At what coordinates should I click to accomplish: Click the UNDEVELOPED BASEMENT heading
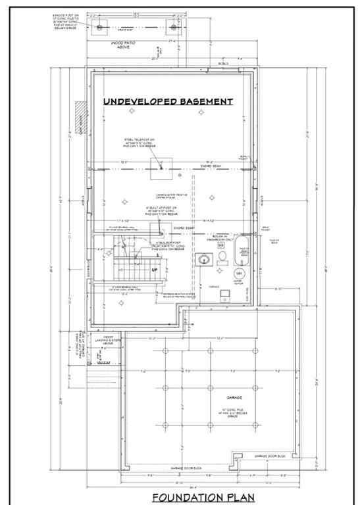pyautogui.click(x=168, y=101)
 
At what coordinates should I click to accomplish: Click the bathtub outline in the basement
pyautogui.click(x=241, y=256)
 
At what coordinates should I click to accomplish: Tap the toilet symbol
pyautogui.click(x=222, y=256)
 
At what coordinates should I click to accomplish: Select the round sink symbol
pyautogui.click(x=205, y=260)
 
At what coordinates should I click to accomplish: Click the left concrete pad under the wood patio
pyautogui.click(x=99, y=27)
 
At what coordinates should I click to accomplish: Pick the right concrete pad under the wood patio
pyautogui.click(x=174, y=27)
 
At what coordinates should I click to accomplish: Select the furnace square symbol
pyautogui.click(x=224, y=293)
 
